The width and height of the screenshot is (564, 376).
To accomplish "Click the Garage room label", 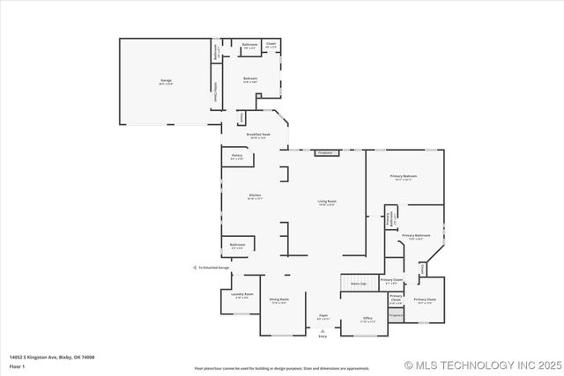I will [x=166, y=80].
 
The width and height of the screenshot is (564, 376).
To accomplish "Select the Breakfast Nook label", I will [x=258, y=136].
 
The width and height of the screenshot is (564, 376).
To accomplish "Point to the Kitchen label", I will [x=254, y=197].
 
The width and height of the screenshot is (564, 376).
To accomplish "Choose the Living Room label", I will [x=327, y=202].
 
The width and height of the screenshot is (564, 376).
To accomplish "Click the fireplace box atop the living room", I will [x=327, y=152].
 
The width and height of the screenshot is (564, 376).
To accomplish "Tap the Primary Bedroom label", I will [x=404, y=177].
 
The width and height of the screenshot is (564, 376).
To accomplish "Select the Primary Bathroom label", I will [x=416, y=236].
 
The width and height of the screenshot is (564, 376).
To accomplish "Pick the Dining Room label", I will [x=278, y=299].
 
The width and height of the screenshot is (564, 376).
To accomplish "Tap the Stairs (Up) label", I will [x=359, y=284].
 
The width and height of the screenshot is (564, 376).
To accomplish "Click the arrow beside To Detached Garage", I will [x=194, y=267].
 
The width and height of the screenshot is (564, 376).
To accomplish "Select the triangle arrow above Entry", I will [x=323, y=330].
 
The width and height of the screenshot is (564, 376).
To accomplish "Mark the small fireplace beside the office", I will [x=396, y=314].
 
